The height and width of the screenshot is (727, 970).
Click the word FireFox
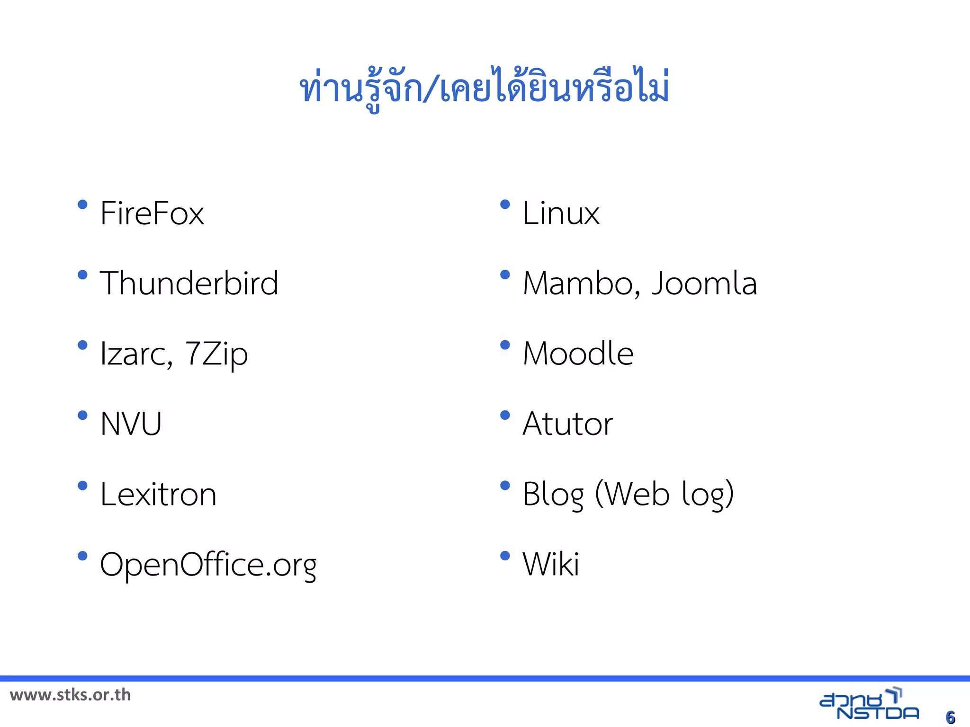click(152, 213)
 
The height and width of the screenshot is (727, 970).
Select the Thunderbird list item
click(189, 283)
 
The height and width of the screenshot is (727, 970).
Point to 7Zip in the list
click(216, 354)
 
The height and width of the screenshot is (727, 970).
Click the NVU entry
click(131, 424)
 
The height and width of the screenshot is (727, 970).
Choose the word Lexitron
click(158, 494)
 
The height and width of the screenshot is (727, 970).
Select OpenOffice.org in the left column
click(208, 565)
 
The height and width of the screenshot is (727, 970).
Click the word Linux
click(561, 213)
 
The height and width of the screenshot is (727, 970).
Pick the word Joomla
click(704, 284)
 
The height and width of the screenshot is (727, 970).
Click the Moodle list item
click(578, 354)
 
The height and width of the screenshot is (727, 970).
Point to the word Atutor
click(567, 424)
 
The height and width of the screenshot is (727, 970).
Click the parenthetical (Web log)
click(665, 494)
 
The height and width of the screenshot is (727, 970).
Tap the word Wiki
click(550, 564)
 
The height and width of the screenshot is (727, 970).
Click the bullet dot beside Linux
click(505, 204)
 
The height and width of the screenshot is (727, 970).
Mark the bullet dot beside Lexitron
click(82, 486)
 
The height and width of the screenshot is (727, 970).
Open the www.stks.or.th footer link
click(70, 695)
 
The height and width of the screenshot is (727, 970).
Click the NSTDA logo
click(869, 705)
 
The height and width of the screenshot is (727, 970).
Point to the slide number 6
click(950, 717)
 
